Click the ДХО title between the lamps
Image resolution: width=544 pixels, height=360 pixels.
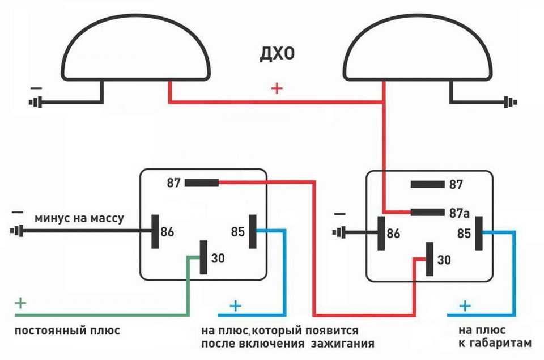(x=277, y=54)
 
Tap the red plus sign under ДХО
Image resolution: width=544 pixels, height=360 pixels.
(x=277, y=88)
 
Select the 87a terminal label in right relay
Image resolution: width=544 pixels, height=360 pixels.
(x=459, y=213)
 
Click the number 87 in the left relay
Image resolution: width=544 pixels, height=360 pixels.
(x=174, y=183)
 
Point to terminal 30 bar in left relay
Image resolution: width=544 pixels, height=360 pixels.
(x=203, y=257)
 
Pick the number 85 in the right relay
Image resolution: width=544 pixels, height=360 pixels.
(x=464, y=233)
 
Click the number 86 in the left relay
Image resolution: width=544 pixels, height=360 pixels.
(x=167, y=231)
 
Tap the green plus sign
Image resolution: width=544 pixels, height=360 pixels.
(x=20, y=303)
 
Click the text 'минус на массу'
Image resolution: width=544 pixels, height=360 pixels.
(x=79, y=218)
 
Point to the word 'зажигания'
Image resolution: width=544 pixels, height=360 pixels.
(x=343, y=344)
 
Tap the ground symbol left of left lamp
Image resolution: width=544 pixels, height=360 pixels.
(x=35, y=102)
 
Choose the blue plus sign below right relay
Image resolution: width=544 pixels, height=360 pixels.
(x=465, y=306)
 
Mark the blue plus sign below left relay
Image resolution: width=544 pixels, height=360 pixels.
(x=236, y=306)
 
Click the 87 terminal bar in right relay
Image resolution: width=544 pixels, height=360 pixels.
(x=427, y=184)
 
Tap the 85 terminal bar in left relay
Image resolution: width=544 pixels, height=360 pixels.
(x=253, y=231)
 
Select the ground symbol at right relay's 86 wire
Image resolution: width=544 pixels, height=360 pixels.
(x=339, y=232)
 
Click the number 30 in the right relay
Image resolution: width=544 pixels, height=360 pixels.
(x=444, y=260)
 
